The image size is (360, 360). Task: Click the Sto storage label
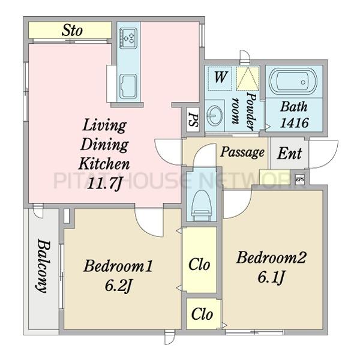click(x=72, y=31)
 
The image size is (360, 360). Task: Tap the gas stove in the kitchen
click(x=128, y=38)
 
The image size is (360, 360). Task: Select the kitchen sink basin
click(x=128, y=86)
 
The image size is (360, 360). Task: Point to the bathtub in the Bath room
click(x=293, y=82)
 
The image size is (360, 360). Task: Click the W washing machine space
click(x=220, y=77)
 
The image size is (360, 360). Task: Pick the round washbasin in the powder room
click(x=214, y=115)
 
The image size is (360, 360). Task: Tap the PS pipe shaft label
click(x=193, y=119)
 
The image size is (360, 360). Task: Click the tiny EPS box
click(x=299, y=179)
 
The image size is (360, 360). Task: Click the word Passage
click(x=242, y=152)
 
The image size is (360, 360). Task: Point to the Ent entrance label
click(x=289, y=153)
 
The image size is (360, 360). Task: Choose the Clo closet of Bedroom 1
click(x=199, y=264)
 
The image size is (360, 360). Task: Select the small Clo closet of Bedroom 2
click(x=202, y=314)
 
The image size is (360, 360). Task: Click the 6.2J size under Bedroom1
click(x=118, y=286)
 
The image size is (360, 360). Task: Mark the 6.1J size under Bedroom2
click(x=271, y=277)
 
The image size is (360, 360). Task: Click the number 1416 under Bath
click(x=295, y=123)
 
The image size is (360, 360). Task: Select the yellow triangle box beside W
click(x=248, y=79)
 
